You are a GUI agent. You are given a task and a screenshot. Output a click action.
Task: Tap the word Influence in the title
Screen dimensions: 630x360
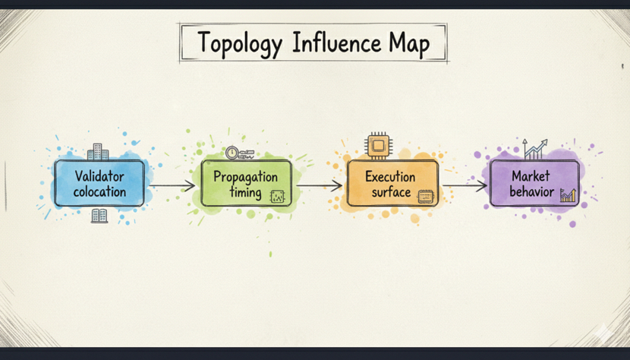(x=337, y=43)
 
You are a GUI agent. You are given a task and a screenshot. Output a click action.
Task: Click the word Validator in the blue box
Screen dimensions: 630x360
(x=99, y=176)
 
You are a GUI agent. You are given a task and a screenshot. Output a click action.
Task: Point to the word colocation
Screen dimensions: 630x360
(x=99, y=191)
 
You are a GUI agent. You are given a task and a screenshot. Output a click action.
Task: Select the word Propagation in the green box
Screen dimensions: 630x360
(x=245, y=178)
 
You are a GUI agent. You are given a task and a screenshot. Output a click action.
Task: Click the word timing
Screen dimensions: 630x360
(x=245, y=192)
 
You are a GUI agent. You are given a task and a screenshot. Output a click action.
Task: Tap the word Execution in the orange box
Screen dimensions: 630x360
(x=390, y=176)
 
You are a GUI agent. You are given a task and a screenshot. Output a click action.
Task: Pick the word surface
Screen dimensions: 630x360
(x=391, y=192)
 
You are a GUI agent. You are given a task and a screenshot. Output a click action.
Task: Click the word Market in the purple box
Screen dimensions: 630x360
(x=531, y=175)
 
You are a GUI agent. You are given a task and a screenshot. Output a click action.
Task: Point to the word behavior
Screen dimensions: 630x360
(x=531, y=191)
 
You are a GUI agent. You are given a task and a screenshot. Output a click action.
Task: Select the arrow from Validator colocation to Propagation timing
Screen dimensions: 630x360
(x=172, y=185)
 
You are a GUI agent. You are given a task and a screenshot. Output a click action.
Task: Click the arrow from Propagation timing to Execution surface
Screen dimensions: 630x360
(x=319, y=185)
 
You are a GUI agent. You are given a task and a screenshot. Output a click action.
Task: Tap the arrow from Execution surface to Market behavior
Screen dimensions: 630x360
(x=465, y=185)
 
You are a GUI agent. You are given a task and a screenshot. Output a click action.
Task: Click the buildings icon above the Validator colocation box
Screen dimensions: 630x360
(x=98, y=152)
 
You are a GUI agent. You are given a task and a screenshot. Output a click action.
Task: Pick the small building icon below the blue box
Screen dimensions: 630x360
(x=99, y=216)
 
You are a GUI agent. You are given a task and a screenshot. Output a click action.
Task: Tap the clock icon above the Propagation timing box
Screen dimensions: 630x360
(x=232, y=153)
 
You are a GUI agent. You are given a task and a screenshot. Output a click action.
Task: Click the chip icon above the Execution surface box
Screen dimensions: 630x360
(x=379, y=145)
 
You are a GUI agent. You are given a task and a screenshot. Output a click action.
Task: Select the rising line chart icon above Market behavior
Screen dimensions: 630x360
(x=535, y=149)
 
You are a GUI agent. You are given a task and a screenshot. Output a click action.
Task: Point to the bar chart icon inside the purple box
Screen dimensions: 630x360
(x=568, y=195)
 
